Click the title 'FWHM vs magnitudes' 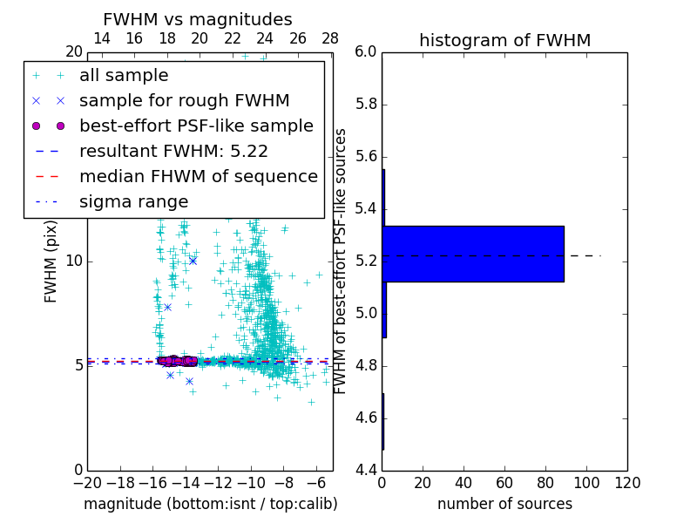(x=198, y=20)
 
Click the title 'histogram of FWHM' (x=504, y=40)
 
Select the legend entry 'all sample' (x=124, y=76)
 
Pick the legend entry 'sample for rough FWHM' (x=184, y=101)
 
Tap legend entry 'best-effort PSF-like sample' (x=196, y=126)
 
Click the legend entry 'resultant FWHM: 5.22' (x=173, y=151)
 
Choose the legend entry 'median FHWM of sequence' (x=198, y=176)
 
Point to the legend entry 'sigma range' (x=133, y=201)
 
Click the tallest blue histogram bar (x=473, y=254)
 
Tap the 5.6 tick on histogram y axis (x=367, y=156)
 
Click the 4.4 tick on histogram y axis (x=367, y=470)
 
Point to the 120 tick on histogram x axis (x=627, y=483)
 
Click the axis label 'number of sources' (x=504, y=504)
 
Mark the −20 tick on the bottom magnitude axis (x=87, y=483)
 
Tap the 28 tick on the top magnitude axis (x=330, y=38)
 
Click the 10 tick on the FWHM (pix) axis (x=73, y=261)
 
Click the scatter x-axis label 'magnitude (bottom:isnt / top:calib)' (x=210, y=504)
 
